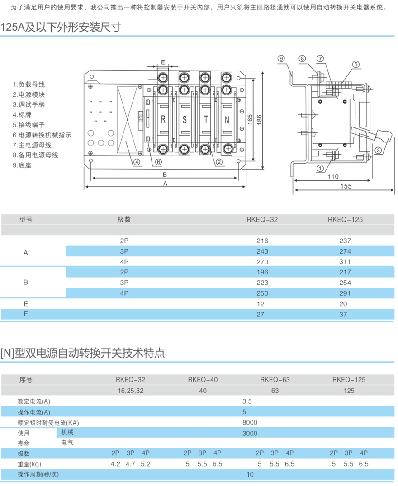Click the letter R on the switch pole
[x=163, y=120]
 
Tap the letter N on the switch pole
[x=227, y=120]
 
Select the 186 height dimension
[x=259, y=119]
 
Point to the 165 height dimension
[x=250, y=119]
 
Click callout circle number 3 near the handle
[x=379, y=150]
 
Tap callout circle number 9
[x=281, y=58]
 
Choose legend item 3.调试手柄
[x=29, y=104]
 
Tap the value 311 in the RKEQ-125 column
[x=346, y=261]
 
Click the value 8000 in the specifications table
[x=250, y=422]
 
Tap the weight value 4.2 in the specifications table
[x=115, y=464]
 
